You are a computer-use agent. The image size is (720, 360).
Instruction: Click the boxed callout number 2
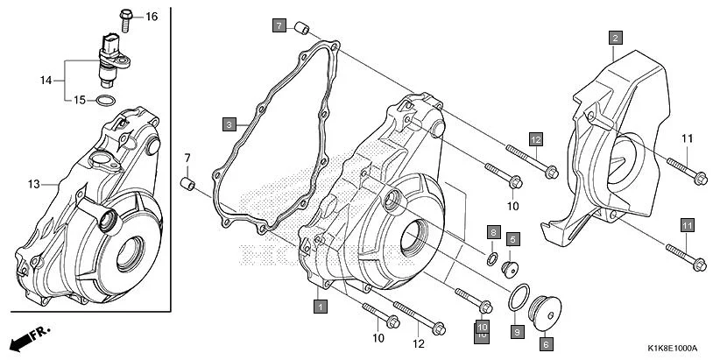tap(616, 38)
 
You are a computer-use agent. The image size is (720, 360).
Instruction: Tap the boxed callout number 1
tap(321, 307)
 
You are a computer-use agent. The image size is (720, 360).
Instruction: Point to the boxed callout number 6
tap(546, 344)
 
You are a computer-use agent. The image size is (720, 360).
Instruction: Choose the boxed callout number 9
tap(517, 331)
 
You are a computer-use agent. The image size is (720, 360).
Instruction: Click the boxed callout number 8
tap(493, 232)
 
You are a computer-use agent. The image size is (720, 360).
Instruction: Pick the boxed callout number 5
tap(512, 238)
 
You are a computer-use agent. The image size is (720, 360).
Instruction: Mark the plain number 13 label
tap(34, 184)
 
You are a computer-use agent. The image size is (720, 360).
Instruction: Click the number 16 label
tap(152, 17)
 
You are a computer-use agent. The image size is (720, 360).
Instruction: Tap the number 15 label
tap(79, 100)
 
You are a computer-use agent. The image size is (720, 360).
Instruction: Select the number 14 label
tap(46, 80)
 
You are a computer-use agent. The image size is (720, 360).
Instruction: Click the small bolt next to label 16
tap(124, 15)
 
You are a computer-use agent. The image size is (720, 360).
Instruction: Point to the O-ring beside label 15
tap(104, 102)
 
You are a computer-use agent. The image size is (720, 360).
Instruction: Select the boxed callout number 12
tap(535, 139)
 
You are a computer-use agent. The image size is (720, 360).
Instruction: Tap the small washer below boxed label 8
tap(492, 258)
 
